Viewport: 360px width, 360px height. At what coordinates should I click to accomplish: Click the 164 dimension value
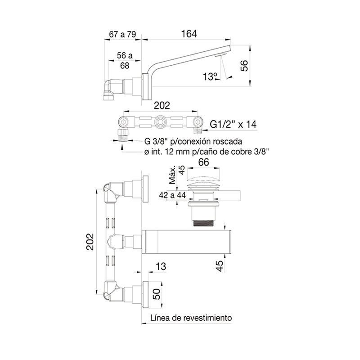click(189, 34)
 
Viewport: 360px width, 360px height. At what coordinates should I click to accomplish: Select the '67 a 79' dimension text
click(122, 35)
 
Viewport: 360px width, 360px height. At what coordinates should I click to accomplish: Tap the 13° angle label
click(210, 76)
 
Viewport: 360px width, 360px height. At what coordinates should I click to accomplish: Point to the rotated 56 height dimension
click(244, 66)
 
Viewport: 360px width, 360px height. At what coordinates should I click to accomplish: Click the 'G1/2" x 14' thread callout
click(233, 124)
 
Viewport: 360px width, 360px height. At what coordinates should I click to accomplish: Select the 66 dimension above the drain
click(203, 162)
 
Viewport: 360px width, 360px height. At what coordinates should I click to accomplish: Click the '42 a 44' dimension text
click(172, 195)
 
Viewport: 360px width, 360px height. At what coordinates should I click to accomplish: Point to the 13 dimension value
click(161, 266)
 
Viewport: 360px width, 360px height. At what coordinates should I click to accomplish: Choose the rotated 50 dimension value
click(156, 294)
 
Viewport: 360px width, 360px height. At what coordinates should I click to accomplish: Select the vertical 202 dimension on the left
click(90, 242)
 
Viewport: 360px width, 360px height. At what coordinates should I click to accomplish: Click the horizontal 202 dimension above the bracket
click(162, 105)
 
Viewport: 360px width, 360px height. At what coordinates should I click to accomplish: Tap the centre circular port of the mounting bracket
click(161, 121)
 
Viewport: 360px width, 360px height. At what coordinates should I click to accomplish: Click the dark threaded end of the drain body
click(204, 223)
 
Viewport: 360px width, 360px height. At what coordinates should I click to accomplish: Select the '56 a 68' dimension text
click(125, 60)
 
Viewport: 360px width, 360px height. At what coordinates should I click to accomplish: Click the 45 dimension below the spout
click(220, 266)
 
